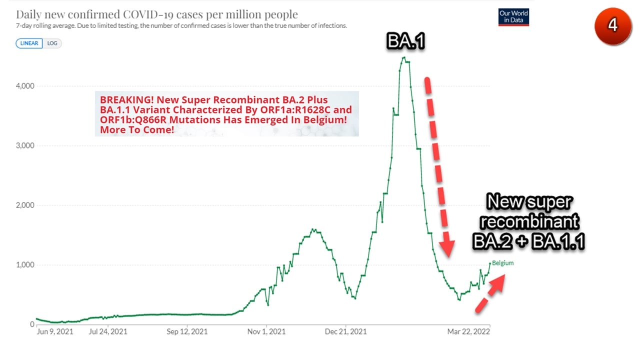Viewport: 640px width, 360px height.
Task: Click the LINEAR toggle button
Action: coord(29,43)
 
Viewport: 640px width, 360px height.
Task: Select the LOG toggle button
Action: coord(52,43)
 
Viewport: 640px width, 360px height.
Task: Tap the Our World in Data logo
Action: coord(513,17)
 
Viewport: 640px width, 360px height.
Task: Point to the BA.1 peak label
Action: coord(405,41)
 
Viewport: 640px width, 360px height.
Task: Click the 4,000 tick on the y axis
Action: coord(25,86)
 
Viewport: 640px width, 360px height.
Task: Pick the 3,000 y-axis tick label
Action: coord(25,145)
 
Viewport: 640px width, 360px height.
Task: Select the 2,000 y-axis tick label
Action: coord(25,205)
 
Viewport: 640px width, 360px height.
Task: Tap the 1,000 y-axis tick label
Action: coord(25,265)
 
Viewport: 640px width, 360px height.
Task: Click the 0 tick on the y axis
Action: coord(32,324)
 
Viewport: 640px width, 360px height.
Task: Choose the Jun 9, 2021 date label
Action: coord(55,331)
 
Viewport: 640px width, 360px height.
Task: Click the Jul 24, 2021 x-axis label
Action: coord(108,331)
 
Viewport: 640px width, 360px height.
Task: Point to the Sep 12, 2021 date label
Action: coord(187,331)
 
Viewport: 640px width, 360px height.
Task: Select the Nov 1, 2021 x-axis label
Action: coord(266,331)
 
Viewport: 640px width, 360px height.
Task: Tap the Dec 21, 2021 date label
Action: coord(345,331)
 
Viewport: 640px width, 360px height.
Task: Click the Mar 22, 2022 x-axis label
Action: coord(468,331)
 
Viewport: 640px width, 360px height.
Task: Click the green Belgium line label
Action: coord(503,263)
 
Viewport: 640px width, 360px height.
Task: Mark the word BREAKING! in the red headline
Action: coord(127,100)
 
